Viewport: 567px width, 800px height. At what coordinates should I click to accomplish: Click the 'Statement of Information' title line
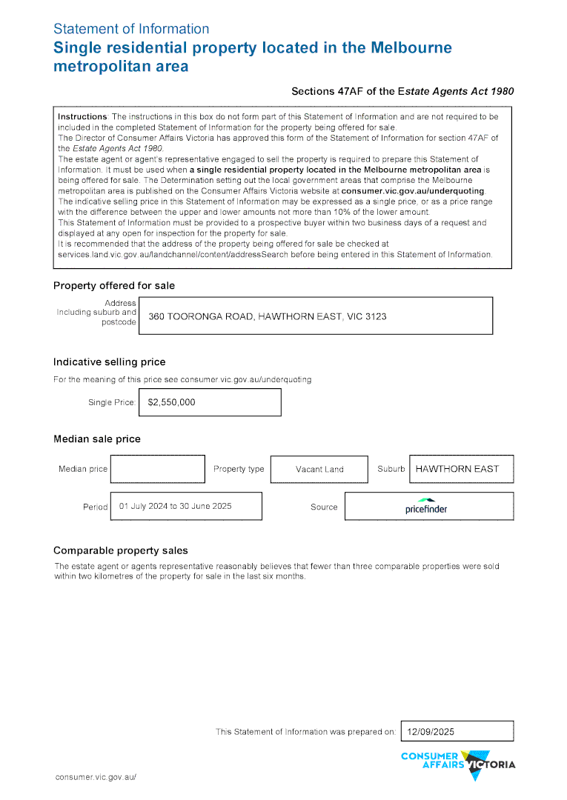[131, 29]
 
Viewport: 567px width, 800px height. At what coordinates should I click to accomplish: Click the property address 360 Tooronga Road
[267, 316]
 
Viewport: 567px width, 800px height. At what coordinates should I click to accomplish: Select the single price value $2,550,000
[172, 402]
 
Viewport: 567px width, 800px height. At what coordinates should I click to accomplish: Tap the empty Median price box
[157, 469]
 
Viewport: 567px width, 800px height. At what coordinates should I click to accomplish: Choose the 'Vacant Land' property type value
[319, 470]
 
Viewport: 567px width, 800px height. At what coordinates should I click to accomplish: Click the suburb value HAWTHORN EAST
[457, 469]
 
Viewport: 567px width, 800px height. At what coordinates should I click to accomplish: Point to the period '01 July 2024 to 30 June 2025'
[176, 507]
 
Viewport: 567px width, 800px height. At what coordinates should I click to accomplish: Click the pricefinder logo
[426, 507]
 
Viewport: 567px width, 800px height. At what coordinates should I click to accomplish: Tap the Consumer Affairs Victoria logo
[457, 762]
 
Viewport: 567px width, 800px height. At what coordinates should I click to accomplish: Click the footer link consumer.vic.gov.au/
[96, 777]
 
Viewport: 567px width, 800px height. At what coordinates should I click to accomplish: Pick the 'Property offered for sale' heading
[114, 286]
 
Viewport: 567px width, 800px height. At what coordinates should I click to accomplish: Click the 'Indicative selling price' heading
[109, 362]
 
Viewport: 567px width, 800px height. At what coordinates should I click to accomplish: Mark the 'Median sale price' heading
[96, 439]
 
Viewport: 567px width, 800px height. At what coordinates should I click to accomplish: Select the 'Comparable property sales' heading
[121, 550]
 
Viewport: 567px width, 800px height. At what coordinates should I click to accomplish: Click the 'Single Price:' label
[112, 403]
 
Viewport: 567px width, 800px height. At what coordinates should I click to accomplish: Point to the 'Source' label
[324, 507]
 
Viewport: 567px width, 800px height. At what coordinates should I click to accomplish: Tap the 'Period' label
[95, 507]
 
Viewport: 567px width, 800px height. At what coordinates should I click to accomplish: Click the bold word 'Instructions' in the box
[83, 117]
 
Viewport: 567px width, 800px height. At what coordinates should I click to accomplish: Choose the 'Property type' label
[239, 469]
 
